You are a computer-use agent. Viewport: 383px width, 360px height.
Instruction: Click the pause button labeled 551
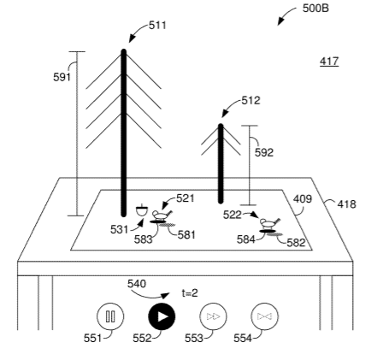(x=110, y=316)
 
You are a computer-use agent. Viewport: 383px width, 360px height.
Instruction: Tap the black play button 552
(x=162, y=316)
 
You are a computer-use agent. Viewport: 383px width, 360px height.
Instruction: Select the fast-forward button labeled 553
(x=213, y=316)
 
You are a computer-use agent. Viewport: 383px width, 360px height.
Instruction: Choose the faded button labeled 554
(x=264, y=316)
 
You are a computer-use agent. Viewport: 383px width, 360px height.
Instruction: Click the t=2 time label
(x=190, y=293)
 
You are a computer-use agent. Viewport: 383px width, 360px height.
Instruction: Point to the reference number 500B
(x=315, y=9)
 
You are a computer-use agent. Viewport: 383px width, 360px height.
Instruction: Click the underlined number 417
(x=329, y=62)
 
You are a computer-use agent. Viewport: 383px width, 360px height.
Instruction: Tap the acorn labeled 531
(x=142, y=210)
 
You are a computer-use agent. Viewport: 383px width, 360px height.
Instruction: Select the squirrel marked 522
(x=269, y=223)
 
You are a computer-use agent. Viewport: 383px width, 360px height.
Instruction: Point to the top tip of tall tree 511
(x=123, y=50)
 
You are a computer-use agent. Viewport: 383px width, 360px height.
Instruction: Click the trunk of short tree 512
(x=221, y=163)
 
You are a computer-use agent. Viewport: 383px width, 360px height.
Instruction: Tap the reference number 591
(x=62, y=77)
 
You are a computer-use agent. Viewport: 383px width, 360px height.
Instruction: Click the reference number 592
(x=264, y=152)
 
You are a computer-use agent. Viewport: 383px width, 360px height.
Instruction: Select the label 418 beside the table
(x=347, y=204)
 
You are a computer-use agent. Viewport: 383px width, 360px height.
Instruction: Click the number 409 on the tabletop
(x=303, y=198)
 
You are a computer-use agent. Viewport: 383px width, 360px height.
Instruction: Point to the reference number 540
(x=137, y=284)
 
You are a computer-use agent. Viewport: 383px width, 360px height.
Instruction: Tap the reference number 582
(x=296, y=243)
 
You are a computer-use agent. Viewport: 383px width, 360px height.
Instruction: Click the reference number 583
(x=144, y=239)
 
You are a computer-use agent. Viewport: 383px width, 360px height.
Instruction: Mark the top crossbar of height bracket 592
(x=250, y=126)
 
